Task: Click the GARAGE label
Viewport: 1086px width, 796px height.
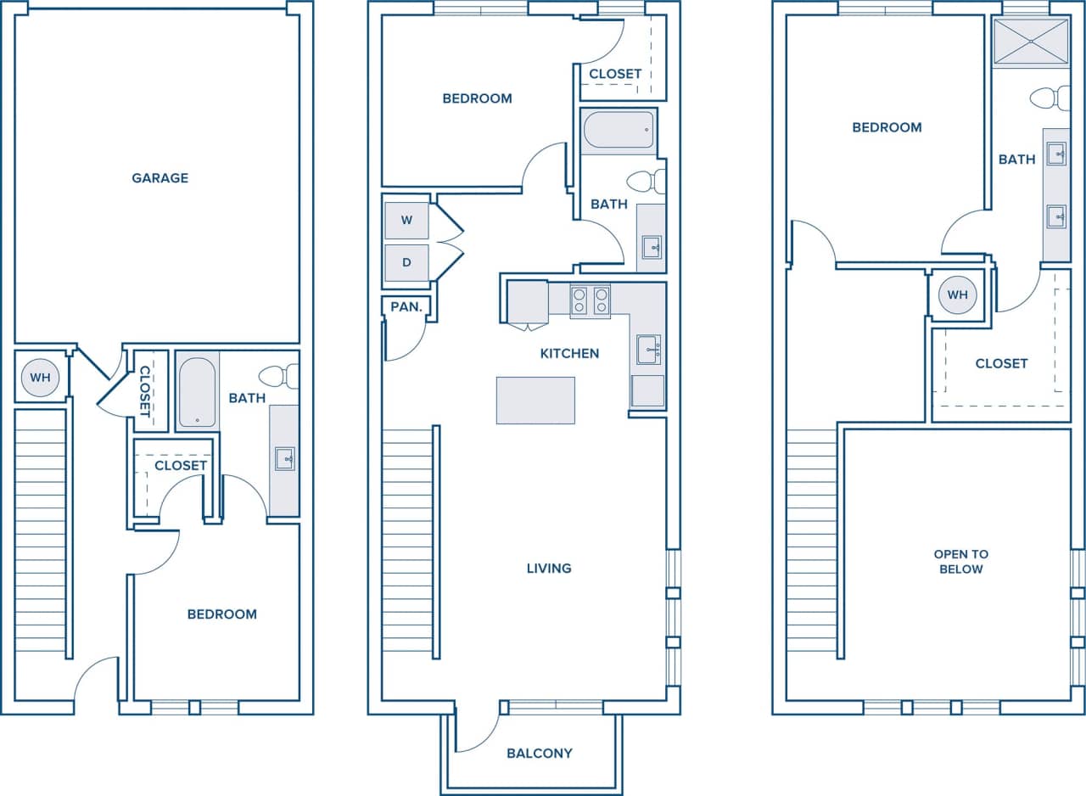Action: [160, 178]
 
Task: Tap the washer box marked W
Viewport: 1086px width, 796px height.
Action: [406, 221]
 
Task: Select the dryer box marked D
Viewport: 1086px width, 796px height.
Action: [406, 263]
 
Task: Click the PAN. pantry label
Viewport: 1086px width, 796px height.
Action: [406, 307]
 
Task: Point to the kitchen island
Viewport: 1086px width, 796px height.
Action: [535, 401]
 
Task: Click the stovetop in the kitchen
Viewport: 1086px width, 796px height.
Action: [590, 300]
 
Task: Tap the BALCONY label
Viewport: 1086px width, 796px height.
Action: [539, 753]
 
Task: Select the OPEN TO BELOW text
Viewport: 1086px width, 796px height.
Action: [960, 562]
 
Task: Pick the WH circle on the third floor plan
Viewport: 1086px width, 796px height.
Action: [957, 295]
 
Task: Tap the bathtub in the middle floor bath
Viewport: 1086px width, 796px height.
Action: [619, 131]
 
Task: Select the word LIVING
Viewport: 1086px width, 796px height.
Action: [548, 569]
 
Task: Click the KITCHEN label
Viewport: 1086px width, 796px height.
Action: [569, 354]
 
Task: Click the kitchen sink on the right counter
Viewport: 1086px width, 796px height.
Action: [648, 349]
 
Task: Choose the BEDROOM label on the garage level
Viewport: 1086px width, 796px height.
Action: [221, 614]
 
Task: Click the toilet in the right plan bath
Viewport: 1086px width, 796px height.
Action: [1051, 98]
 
